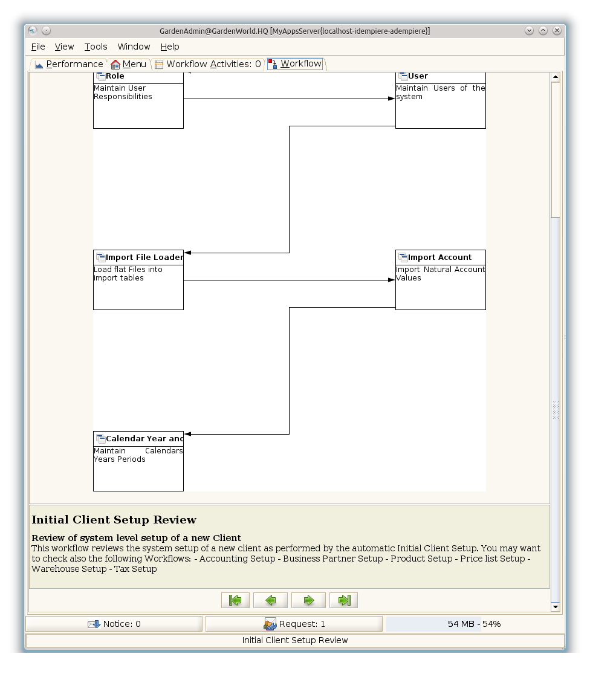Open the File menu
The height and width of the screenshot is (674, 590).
pyautogui.click(x=38, y=47)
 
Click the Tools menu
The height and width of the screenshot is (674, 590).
pyautogui.click(x=96, y=47)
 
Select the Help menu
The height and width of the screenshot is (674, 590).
pyautogui.click(x=170, y=47)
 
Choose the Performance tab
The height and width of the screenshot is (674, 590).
pyautogui.click(x=69, y=64)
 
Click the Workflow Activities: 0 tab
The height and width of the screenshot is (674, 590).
pyautogui.click(x=208, y=64)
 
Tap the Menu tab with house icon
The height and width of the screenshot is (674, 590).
pyautogui.click(x=129, y=64)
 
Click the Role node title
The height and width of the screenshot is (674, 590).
pyautogui.click(x=115, y=76)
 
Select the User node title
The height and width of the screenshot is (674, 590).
pyautogui.click(x=418, y=76)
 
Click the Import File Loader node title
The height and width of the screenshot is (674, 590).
pyautogui.click(x=144, y=258)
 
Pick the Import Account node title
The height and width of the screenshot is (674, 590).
pyautogui.click(x=439, y=258)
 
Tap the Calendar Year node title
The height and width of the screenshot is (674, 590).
pyautogui.click(x=144, y=439)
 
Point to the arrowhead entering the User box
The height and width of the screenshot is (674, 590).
pyautogui.click(x=392, y=99)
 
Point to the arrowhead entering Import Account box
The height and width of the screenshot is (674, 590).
pyautogui.click(x=392, y=280)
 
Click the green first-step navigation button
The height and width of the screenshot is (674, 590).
pyautogui.click(x=235, y=600)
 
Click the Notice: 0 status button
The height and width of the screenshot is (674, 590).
pyautogui.click(x=114, y=624)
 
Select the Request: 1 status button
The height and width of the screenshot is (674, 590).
pyautogui.click(x=294, y=624)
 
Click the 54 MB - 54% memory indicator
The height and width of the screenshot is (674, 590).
pyautogui.click(x=474, y=624)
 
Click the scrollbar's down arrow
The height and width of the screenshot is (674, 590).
pyautogui.click(x=556, y=607)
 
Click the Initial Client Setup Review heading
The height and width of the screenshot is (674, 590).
pyautogui.click(x=114, y=520)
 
